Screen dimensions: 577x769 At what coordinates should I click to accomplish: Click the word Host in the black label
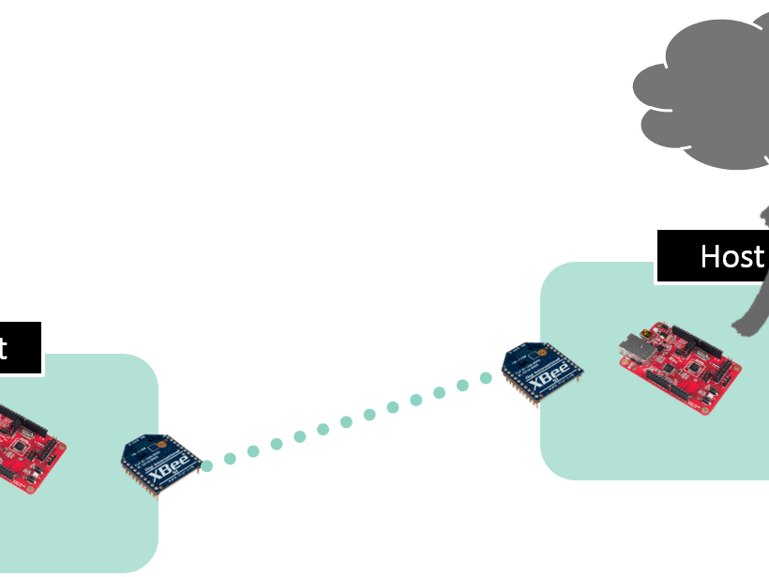tap(731, 256)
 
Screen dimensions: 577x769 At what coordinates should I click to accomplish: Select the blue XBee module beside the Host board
tap(541, 370)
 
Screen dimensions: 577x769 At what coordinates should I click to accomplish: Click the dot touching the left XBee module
tap(206, 464)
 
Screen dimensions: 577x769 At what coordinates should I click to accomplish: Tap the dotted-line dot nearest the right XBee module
tap(486, 378)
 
